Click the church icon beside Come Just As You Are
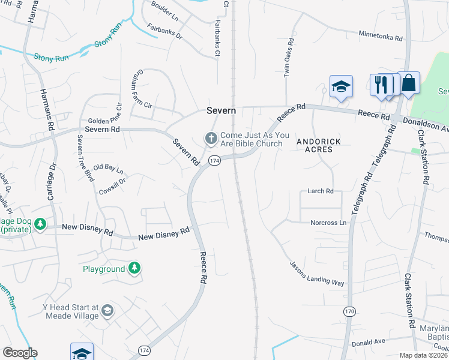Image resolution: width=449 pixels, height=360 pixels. click(x=211, y=139)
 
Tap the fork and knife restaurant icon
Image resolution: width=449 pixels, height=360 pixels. click(x=381, y=85)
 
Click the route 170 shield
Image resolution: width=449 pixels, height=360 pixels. click(x=349, y=311)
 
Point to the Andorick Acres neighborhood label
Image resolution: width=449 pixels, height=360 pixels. click(x=319, y=145)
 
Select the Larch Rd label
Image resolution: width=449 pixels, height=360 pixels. click(x=320, y=191)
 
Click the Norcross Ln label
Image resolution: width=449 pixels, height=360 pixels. click(x=328, y=223)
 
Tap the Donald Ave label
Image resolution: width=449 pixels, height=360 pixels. click(x=368, y=343)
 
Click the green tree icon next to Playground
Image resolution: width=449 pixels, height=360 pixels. click(x=135, y=268)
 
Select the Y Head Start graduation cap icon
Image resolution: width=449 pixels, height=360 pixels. click(x=107, y=310)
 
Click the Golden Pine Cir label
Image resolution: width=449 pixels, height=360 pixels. click(x=105, y=121)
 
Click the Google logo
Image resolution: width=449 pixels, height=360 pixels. click(x=20, y=353)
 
